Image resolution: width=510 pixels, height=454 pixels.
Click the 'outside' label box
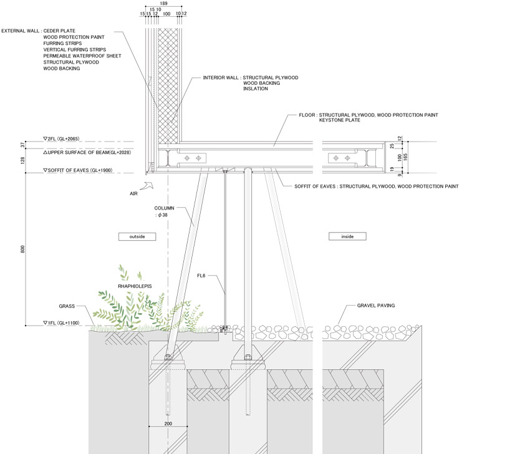point(137,237)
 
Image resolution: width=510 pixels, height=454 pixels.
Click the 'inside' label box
point(347,237)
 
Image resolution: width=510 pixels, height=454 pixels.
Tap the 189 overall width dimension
point(163,4)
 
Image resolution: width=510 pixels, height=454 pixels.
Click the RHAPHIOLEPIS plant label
point(135,287)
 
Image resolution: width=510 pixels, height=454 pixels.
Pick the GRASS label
point(67,306)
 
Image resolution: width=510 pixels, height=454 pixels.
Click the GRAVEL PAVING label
point(376,306)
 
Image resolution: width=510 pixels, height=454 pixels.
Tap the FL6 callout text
point(201,275)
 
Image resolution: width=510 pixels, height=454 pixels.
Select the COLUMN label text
point(165,208)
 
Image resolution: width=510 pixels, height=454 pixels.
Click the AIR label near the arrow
point(133,194)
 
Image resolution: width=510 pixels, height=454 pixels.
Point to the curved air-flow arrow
point(147,186)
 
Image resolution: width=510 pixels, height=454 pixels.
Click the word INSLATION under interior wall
point(256,89)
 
